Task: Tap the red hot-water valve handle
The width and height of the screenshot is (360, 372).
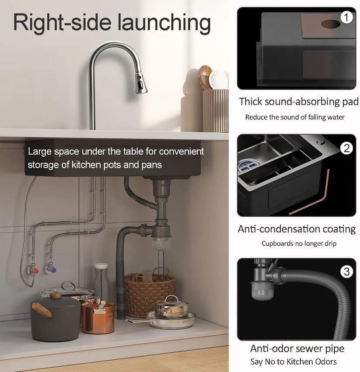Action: (36, 271)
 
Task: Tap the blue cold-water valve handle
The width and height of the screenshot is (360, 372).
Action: (54, 270)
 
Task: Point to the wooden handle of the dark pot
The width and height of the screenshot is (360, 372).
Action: (42, 309)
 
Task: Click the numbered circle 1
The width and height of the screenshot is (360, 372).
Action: (346, 18)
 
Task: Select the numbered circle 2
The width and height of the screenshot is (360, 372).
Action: (346, 148)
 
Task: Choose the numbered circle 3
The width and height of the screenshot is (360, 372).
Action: (346, 272)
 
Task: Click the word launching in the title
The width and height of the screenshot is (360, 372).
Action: (164, 23)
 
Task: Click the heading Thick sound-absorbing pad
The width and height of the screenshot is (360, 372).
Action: (299, 102)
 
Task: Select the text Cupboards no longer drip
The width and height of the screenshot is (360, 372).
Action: (299, 243)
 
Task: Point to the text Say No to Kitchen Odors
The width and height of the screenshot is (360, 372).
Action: (294, 361)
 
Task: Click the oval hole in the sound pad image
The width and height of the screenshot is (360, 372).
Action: (331, 24)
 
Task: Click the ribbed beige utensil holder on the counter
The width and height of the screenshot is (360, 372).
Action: (215, 111)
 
